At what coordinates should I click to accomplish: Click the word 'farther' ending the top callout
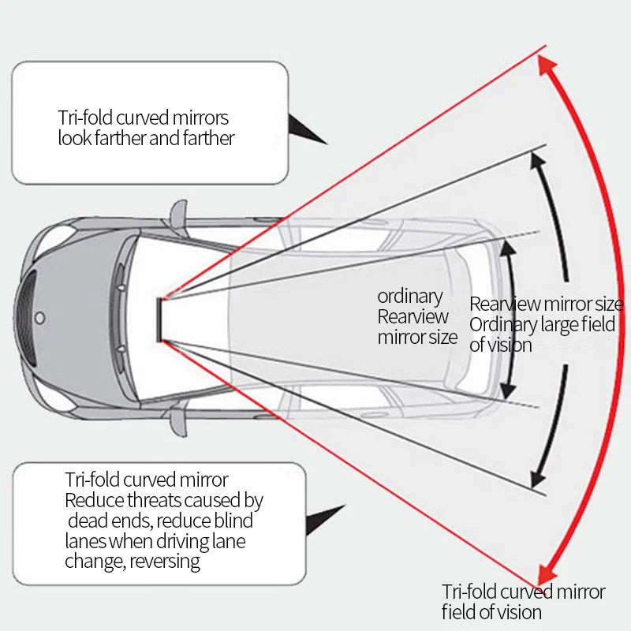pyautogui.click(x=208, y=138)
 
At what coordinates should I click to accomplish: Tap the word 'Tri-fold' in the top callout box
pyautogui.click(x=85, y=118)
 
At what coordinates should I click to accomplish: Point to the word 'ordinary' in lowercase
pyautogui.click(x=409, y=297)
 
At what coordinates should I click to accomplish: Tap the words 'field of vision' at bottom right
pyautogui.click(x=491, y=612)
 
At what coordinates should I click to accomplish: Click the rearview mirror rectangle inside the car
pyautogui.click(x=159, y=320)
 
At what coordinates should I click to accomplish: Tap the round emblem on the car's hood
pyautogui.click(x=40, y=318)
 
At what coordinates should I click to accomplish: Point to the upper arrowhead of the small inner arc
pyautogui.click(x=507, y=247)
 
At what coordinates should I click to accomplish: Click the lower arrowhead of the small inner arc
pyautogui.click(x=507, y=390)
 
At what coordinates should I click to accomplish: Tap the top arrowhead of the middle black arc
pyautogui.click(x=538, y=160)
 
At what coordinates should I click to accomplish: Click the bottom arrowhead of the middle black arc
pyautogui.click(x=538, y=480)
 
